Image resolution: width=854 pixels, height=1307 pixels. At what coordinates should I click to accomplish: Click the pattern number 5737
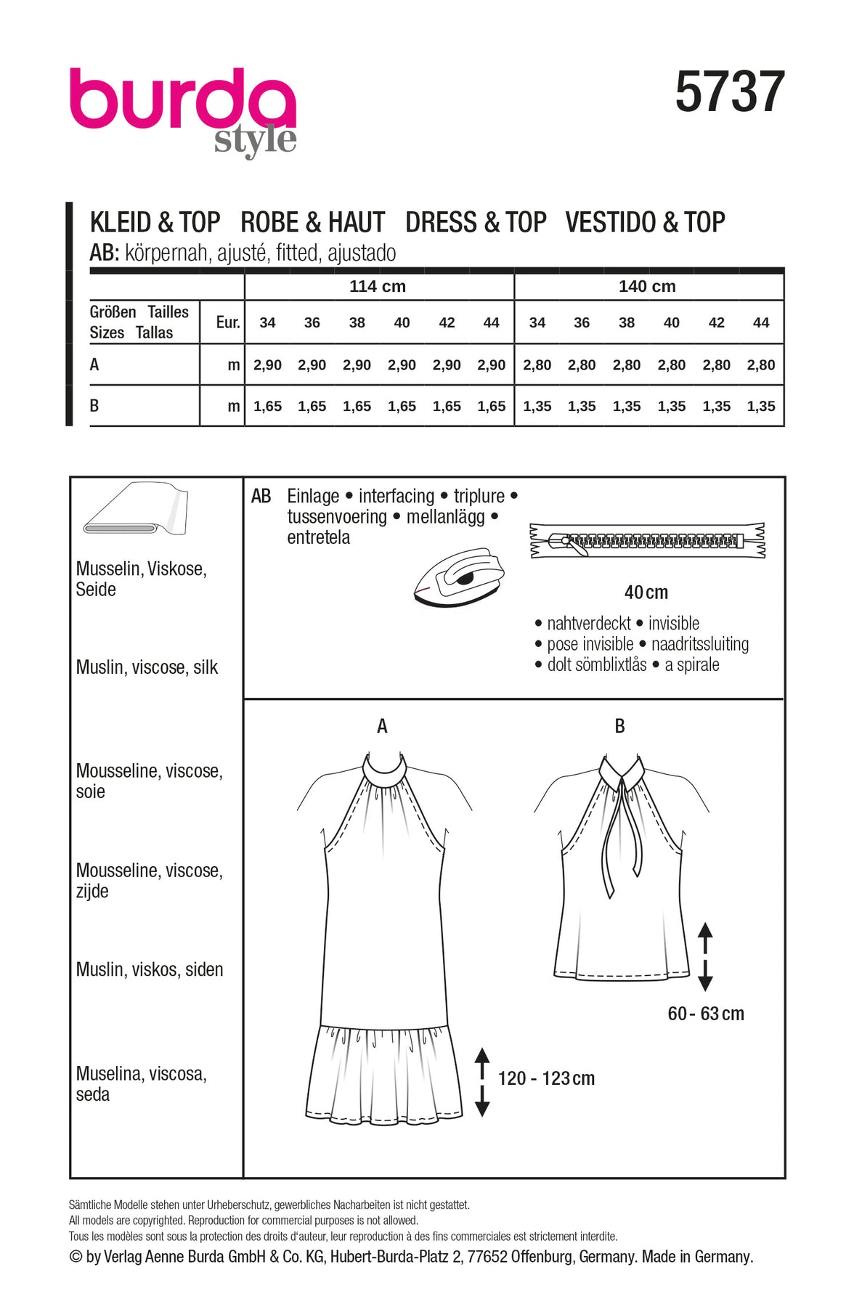[x=729, y=92]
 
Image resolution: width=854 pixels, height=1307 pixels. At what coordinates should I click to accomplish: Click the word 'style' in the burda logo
[x=255, y=140]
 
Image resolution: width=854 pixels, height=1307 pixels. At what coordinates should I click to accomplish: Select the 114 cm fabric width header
[x=378, y=286]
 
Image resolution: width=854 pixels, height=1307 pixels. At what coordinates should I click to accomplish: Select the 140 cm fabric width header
[x=647, y=286]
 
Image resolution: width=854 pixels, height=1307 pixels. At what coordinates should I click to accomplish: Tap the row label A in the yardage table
[x=94, y=365]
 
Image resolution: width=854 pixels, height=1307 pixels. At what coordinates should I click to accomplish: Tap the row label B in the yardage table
[x=94, y=406]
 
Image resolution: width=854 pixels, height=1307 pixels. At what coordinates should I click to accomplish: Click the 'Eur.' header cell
[x=227, y=322]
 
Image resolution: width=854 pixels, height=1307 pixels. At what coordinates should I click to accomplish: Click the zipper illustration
[x=647, y=541]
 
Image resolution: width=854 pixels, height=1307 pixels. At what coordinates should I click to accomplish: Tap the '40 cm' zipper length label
[x=646, y=593]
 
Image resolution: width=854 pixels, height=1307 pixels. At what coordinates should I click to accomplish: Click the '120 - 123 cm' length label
[x=546, y=1078]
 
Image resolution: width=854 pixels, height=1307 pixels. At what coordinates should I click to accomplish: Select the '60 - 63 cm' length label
[x=706, y=1014]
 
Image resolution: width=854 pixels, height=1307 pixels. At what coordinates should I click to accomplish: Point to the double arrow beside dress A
[x=482, y=1081]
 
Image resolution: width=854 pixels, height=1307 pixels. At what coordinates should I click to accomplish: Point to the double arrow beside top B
[x=705, y=956]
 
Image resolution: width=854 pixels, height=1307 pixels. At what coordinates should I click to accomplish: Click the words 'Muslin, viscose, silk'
[x=147, y=667]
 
